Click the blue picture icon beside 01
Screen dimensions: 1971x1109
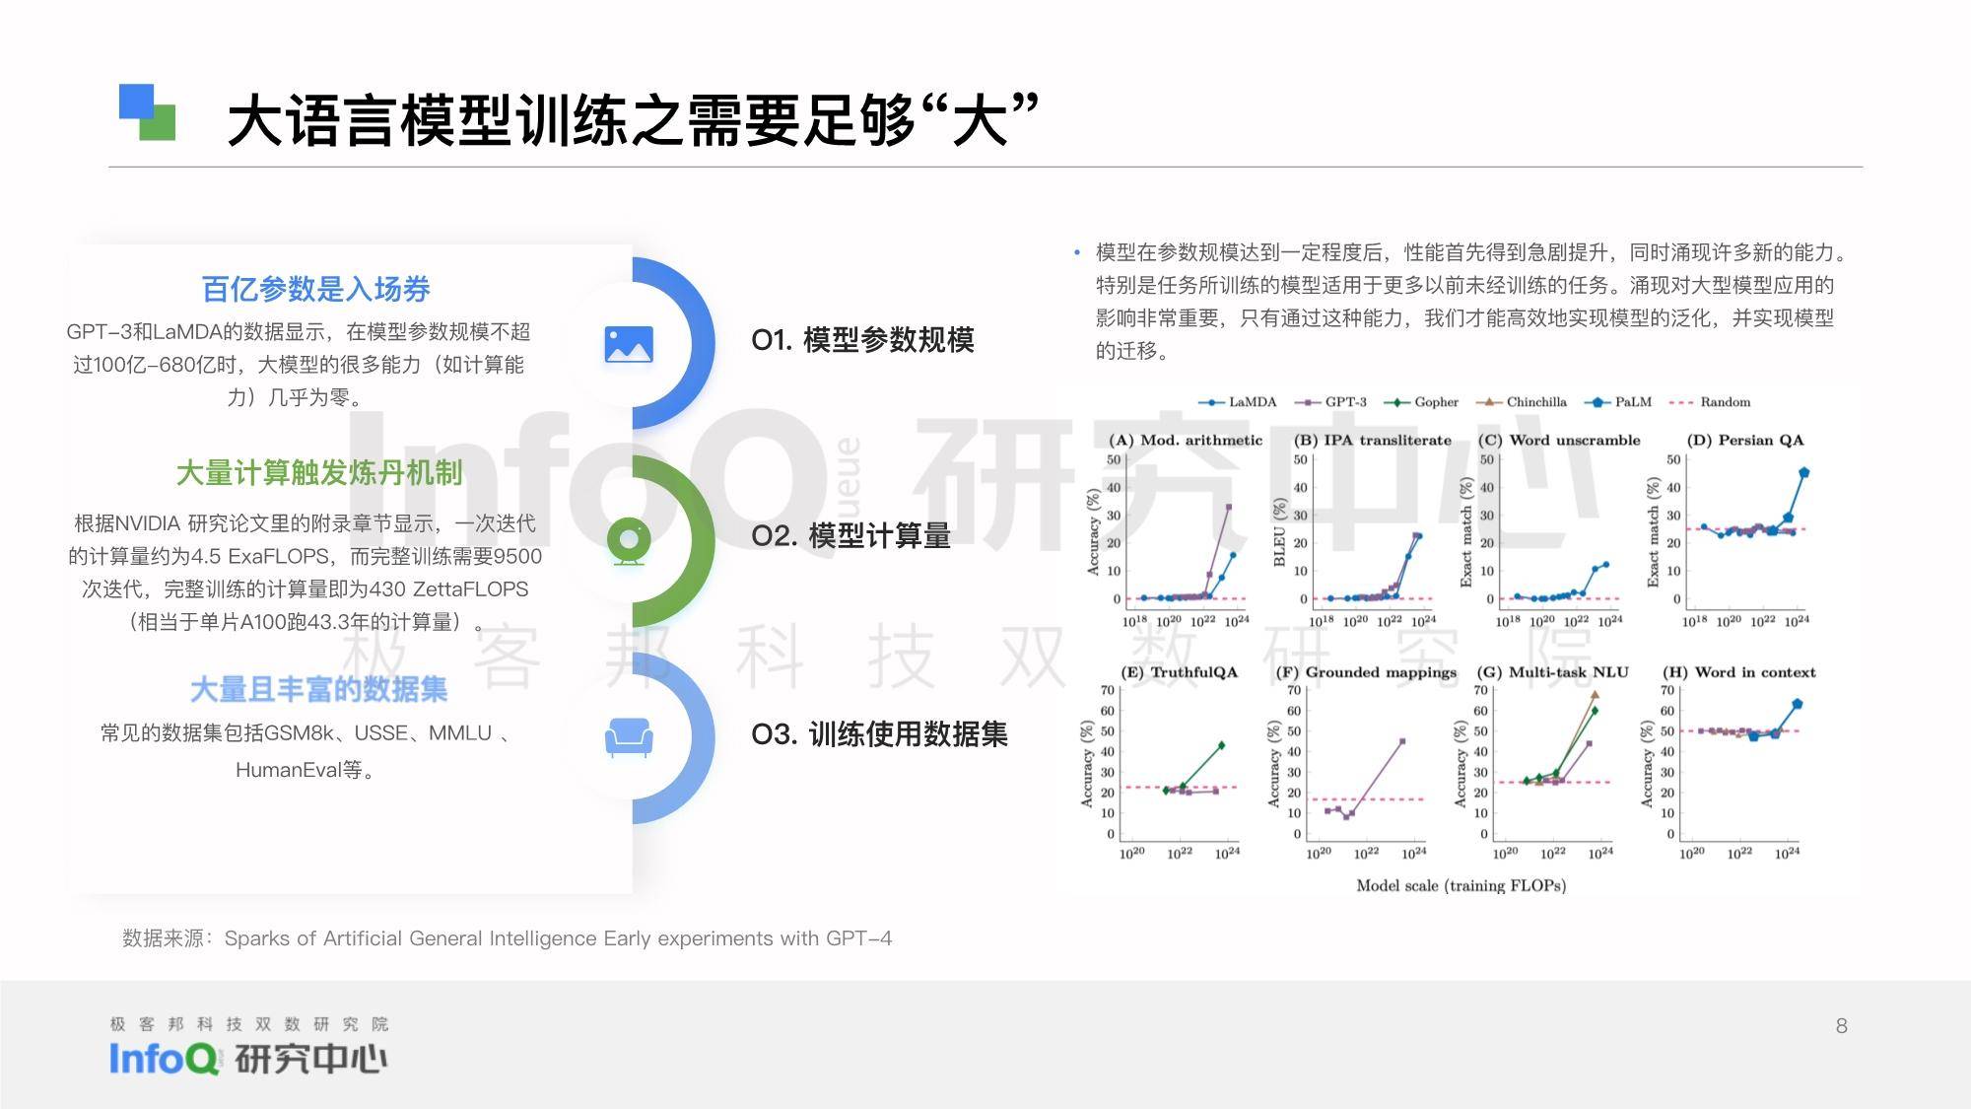pos(629,344)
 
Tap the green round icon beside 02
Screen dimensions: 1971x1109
pos(629,540)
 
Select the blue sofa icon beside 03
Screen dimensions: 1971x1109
pos(629,736)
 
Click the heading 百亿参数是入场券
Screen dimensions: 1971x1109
pos(316,289)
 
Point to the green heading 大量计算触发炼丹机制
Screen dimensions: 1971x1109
pos(319,473)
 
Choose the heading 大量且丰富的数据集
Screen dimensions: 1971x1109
pos(318,689)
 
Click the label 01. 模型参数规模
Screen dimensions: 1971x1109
pos(862,340)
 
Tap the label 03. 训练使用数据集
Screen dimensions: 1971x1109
pos(879,734)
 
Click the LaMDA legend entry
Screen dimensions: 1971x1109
pos(1237,402)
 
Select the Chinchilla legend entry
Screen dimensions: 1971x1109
pos(1522,402)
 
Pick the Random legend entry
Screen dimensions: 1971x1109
pos(1711,402)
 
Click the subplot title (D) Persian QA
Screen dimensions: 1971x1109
pos(1745,440)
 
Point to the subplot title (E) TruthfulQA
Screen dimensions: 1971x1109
pos(1179,672)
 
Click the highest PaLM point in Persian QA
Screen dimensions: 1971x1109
pos(1803,472)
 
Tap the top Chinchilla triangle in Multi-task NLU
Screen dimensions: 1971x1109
pos(1595,695)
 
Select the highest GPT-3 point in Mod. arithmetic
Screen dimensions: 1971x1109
pos(1228,508)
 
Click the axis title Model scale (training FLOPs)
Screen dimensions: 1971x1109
pos(1461,885)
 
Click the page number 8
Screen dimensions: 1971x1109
pos(1841,1026)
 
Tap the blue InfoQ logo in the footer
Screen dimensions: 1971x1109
pos(164,1059)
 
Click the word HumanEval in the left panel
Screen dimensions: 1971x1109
pos(288,770)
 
